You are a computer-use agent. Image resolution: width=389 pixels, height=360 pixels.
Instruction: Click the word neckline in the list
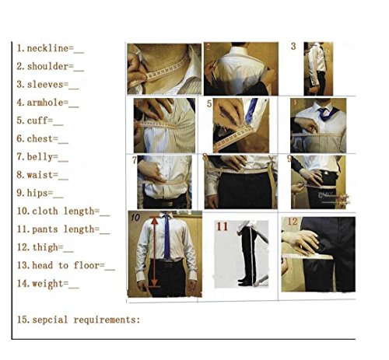(x=47, y=48)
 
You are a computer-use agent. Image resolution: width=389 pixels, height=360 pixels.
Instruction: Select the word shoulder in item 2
(x=47, y=66)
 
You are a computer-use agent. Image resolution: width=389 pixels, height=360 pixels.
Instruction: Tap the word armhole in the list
(x=45, y=103)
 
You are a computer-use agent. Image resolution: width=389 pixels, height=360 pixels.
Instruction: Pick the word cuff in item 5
(x=37, y=121)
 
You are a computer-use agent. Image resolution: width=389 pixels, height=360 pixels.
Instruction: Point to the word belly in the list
(x=40, y=157)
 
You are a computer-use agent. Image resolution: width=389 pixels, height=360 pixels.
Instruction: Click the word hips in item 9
(x=37, y=194)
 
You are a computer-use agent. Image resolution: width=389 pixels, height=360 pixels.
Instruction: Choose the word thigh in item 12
(x=45, y=248)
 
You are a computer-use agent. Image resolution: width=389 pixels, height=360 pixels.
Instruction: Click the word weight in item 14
(x=47, y=284)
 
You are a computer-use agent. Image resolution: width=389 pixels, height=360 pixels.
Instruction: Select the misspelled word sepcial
(x=50, y=320)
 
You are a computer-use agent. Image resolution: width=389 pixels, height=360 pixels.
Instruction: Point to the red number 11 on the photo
(x=222, y=226)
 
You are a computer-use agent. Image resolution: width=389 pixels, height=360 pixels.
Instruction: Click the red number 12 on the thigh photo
(x=293, y=222)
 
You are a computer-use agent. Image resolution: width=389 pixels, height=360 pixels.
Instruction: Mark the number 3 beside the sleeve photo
(x=293, y=47)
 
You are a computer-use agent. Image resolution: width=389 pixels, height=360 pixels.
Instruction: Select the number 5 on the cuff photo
(x=209, y=104)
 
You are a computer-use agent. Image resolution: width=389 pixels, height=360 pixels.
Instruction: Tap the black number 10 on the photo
(x=135, y=217)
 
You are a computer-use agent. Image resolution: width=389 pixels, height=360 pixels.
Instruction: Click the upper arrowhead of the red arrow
(x=155, y=220)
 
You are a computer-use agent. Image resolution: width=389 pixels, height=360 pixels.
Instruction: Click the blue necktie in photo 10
(x=166, y=237)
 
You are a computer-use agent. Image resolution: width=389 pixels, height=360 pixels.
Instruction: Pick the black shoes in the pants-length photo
(x=244, y=281)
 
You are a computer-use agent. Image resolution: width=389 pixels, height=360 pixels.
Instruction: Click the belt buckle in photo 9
(x=324, y=173)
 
